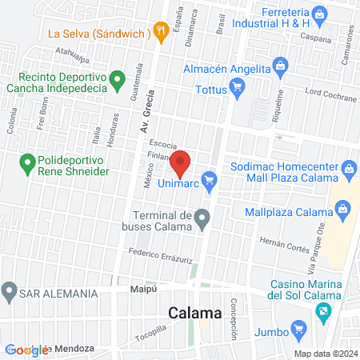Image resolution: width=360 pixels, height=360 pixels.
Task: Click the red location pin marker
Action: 180,162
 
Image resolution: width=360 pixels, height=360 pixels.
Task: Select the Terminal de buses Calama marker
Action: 203,217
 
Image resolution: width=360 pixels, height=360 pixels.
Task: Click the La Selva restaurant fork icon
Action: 161,32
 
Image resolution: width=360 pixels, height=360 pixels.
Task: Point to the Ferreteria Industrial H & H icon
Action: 318,14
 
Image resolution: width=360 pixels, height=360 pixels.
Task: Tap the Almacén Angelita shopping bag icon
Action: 279,64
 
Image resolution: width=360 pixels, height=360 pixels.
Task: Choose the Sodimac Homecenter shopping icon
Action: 349,169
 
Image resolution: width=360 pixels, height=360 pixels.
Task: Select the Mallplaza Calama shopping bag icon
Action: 342,210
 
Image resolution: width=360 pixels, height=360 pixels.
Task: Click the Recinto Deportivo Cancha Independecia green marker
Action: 117,78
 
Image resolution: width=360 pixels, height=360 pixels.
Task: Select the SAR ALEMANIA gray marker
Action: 10,290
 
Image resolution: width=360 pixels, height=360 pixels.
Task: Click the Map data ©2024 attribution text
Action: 325,353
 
